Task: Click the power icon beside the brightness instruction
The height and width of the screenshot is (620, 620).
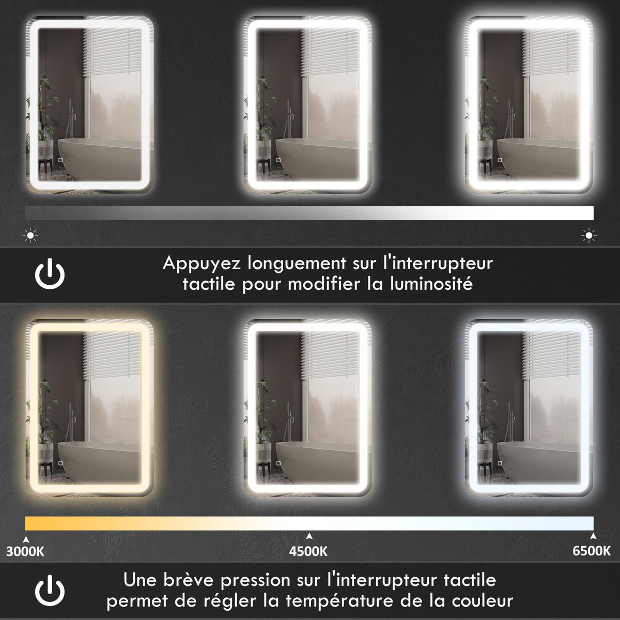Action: [x=50, y=274]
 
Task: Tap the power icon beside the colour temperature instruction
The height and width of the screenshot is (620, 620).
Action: [x=50, y=590]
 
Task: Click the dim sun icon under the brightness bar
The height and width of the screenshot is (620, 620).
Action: [x=32, y=236]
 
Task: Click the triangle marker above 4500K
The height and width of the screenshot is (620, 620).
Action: [x=309, y=536]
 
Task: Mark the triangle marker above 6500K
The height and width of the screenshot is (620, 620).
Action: [x=593, y=536]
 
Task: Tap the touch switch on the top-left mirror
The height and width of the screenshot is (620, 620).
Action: [x=60, y=160]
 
